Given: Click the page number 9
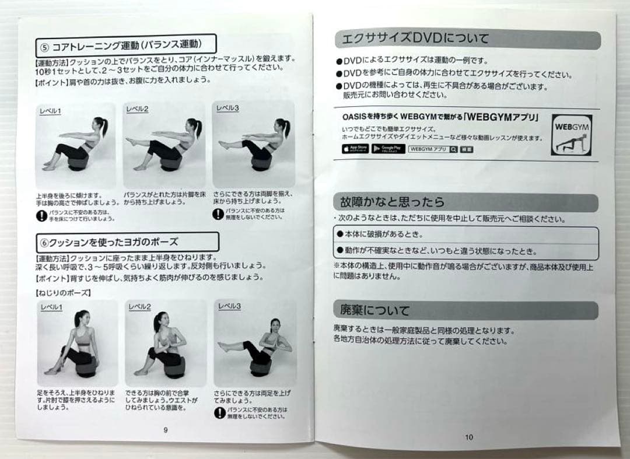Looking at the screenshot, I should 166,430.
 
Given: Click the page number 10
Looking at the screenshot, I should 469,437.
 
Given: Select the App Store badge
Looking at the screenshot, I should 355,149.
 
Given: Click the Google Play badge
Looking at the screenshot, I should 388,149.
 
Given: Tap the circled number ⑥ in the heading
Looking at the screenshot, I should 45,241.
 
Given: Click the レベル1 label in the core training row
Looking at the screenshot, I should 50,111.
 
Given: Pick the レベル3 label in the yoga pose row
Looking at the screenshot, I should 229,306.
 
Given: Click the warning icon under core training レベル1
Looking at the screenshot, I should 41,216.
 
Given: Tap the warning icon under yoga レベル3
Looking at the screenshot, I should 219,412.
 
